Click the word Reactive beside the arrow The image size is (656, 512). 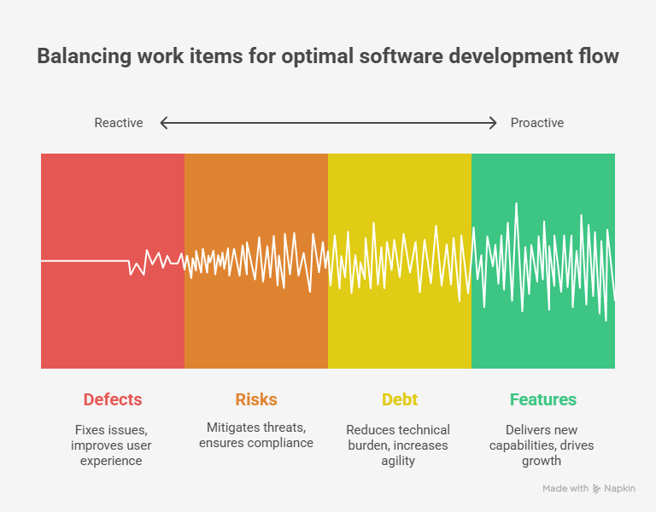point(119,123)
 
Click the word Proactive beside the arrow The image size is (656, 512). point(537,123)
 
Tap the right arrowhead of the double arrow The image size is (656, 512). point(493,123)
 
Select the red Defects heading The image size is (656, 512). point(113,399)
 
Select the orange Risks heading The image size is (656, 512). point(256,399)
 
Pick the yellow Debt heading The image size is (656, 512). point(399,399)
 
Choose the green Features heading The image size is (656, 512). point(543,399)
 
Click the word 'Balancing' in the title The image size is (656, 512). point(79,57)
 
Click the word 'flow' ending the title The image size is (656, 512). point(600,57)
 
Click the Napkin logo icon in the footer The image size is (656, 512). point(597,489)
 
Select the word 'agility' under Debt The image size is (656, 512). point(398,461)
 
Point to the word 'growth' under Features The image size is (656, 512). point(542,461)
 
